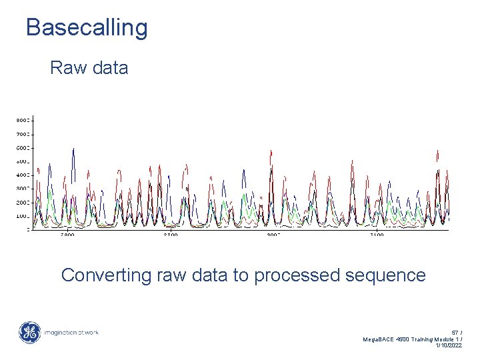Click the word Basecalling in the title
click(x=87, y=27)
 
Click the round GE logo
click(x=29, y=333)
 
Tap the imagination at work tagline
click(x=71, y=333)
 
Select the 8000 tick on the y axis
click(x=23, y=120)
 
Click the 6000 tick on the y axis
click(x=23, y=147)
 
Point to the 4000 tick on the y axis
click(x=23, y=175)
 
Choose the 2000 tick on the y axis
click(x=23, y=202)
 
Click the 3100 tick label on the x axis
click(x=377, y=235)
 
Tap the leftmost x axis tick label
click(x=67, y=235)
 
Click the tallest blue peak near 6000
click(x=73, y=149)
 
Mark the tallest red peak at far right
click(x=437, y=152)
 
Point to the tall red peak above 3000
click(x=271, y=151)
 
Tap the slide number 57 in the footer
click(x=455, y=332)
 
